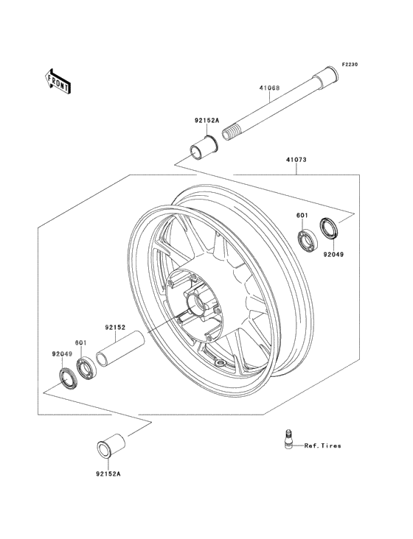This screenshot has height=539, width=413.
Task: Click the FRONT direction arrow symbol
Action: click(x=58, y=80)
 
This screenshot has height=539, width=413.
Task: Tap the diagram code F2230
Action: click(x=349, y=66)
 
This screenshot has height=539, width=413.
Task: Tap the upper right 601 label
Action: click(x=302, y=216)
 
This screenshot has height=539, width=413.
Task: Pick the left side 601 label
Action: click(x=80, y=342)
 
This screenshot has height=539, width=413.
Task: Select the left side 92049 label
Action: click(x=62, y=353)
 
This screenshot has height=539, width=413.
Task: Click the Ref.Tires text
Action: click(x=322, y=445)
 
